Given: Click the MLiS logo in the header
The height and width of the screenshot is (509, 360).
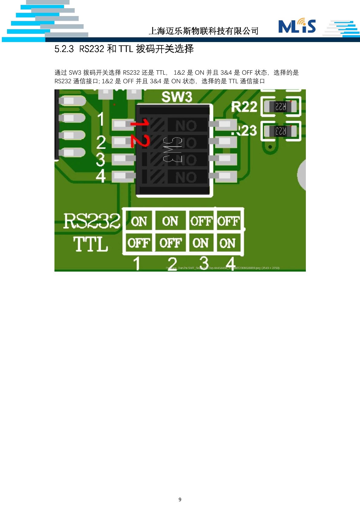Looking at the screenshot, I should click(297, 26).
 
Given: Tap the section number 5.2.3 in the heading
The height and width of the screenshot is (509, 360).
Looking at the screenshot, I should click(64, 49).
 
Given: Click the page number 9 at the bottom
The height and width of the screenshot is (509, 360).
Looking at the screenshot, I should click(180, 499).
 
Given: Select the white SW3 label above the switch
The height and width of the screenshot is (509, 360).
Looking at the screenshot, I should click(177, 97).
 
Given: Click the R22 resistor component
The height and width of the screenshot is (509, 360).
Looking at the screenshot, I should click(280, 106).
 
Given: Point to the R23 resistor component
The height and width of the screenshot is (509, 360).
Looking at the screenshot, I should click(280, 131).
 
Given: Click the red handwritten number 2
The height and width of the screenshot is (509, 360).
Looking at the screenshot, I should click(140, 141).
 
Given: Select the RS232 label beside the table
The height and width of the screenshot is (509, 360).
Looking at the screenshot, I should click(92, 221).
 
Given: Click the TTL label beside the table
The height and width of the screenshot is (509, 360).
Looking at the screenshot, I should click(90, 244).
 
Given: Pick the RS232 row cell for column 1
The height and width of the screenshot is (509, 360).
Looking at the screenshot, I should click(139, 221).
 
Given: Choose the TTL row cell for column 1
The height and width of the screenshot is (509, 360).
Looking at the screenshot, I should click(139, 243).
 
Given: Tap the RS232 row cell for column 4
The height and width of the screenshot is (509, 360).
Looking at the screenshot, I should click(228, 221).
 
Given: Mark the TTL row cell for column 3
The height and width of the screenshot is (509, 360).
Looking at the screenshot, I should click(201, 243).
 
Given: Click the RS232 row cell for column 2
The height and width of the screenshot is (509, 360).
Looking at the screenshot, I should click(170, 221).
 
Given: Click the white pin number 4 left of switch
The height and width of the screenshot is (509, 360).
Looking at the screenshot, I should click(101, 176).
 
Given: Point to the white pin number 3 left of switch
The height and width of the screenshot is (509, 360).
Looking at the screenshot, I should click(100, 159).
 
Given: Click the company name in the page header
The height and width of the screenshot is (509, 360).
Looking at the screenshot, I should click(204, 31).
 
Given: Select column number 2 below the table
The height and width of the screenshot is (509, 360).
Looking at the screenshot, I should click(172, 264).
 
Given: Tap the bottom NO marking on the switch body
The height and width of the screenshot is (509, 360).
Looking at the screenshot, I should click(186, 178).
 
